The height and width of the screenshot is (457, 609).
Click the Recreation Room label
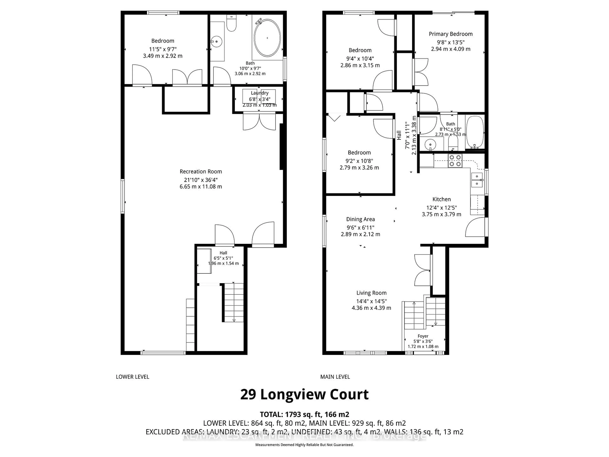pos(201,172)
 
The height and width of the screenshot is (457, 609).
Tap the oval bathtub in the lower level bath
pos(267,38)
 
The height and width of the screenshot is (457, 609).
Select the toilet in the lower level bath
pos(231,24)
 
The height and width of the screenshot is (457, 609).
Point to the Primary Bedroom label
pos(450,34)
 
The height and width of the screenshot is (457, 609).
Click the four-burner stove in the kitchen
pos(455,161)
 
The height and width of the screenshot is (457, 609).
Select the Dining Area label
pos(360,219)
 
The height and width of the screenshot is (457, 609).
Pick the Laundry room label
pos(259,93)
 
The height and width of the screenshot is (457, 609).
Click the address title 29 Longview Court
pos(304,394)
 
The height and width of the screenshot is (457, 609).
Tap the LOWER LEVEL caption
pos(132,377)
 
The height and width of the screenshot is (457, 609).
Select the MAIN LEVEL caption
pos(335,377)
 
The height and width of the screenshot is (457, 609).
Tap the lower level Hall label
pos(223,253)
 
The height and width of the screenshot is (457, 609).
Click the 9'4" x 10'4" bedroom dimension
pos(360,59)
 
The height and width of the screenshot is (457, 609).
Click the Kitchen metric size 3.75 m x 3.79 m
pos(441,214)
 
